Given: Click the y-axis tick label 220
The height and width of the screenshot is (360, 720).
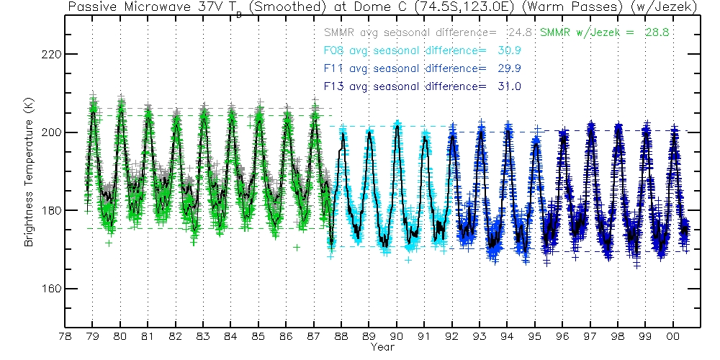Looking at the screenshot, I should [51, 55].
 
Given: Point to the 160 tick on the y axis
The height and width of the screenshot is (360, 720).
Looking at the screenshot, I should [51, 289].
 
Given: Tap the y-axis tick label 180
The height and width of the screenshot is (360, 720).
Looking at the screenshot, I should [51, 210].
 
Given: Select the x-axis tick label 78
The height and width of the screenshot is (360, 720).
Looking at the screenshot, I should [65, 336].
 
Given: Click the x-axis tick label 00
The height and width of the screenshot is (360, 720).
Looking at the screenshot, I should [674, 336].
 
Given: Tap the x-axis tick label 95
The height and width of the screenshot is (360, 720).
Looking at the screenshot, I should [535, 336].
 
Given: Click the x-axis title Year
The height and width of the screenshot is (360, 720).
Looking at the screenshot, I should [382, 347].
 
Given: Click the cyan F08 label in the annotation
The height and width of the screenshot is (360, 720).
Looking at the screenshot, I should [336, 51].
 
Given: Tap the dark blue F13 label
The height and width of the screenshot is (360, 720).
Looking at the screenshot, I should [336, 87].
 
